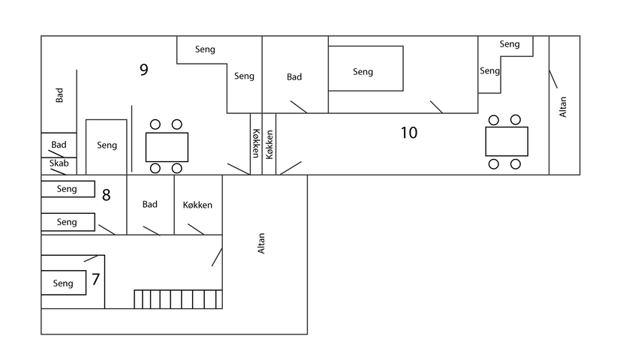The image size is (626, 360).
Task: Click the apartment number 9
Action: (x=143, y=70)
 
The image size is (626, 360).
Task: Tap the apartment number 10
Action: (x=409, y=133)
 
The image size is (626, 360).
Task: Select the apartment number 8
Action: (x=106, y=195)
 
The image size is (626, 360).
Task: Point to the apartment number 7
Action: (x=95, y=280)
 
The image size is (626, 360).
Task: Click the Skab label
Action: (x=59, y=163)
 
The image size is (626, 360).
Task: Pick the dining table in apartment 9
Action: (x=167, y=147)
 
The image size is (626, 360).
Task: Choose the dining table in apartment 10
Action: (x=507, y=142)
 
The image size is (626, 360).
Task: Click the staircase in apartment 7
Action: (x=178, y=299)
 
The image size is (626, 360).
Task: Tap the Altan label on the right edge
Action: (x=562, y=107)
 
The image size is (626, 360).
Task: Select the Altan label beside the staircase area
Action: (x=260, y=244)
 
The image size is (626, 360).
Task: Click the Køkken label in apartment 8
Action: (x=197, y=205)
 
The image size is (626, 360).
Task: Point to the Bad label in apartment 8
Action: (x=149, y=204)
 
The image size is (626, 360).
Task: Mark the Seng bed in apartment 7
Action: (x=64, y=283)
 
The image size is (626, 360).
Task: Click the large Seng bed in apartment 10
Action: (x=366, y=69)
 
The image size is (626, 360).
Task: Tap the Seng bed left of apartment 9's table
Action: (x=107, y=147)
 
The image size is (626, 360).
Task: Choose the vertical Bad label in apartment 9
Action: (x=59, y=95)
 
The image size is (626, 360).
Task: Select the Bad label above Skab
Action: (x=59, y=145)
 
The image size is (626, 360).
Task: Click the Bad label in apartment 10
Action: (x=294, y=77)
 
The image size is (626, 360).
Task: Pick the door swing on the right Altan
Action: (x=553, y=79)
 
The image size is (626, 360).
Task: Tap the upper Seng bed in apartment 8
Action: (x=68, y=189)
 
